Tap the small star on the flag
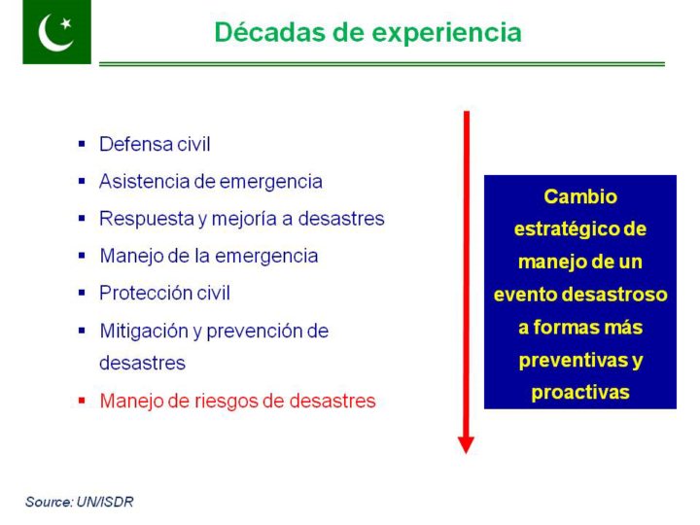(x=66, y=22)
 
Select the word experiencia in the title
(x=447, y=33)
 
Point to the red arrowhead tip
(x=466, y=453)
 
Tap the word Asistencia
(x=144, y=182)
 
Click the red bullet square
(x=82, y=400)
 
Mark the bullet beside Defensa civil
(x=82, y=144)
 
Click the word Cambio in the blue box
(x=580, y=196)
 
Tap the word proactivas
(x=580, y=393)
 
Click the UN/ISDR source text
(x=105, y=502)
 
